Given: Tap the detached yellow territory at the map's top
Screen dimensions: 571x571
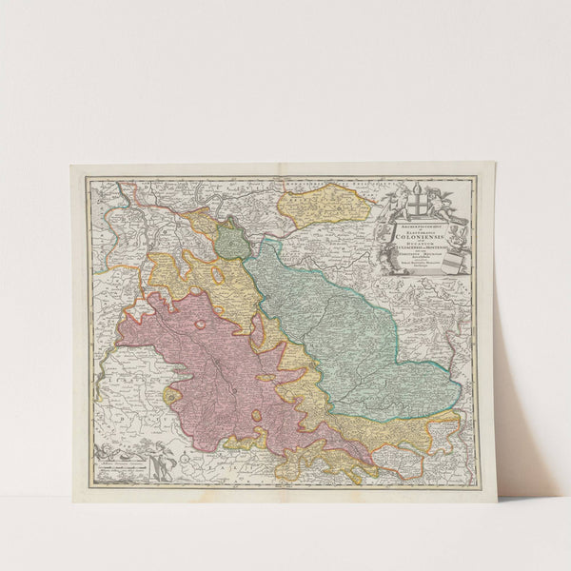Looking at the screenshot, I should pyautogui.click(x=324, y=204).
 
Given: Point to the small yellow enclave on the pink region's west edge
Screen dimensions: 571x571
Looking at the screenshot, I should pyautogui.click(x=171, y=394).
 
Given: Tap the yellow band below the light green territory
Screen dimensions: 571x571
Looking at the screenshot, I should pyautogui.click(x=400, y=428).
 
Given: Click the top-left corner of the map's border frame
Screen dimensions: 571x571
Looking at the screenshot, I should pyautogui.click(x=88, y=178).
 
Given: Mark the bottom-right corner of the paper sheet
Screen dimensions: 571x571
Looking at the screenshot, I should pyautogui.click(x=497, y=501).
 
